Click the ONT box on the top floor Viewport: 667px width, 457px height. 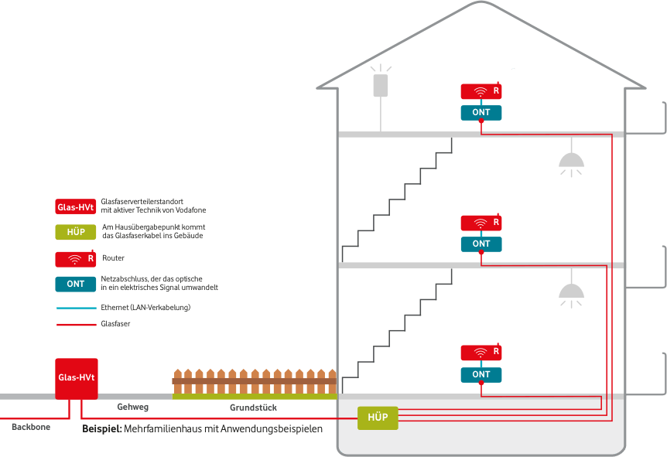point(481,113)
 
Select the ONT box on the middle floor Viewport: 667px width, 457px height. point(481,244)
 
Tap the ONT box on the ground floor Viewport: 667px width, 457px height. point(481,374)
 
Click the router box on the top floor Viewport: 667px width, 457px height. point(481,92)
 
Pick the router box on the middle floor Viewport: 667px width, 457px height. point(481,223)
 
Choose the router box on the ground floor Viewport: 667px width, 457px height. point(481,353)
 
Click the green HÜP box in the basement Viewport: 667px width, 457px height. point(378,418)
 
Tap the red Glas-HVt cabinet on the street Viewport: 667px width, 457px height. point(76,378)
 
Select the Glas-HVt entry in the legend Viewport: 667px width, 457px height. point(76,207)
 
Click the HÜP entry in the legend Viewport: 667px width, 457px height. point(76,232)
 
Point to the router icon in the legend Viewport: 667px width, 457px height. point(76,259)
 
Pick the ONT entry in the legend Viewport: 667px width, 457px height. point(76,284)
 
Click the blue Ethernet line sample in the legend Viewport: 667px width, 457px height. point(76,308)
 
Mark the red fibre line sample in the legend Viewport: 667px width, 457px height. point(76,325)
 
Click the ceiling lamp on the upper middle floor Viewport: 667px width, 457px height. point(571,159)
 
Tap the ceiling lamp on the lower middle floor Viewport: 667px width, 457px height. point(571,290)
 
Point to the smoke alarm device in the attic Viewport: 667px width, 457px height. point(381,84)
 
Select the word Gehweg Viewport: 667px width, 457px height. point(132,407)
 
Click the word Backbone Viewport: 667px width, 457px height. point(30,427)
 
